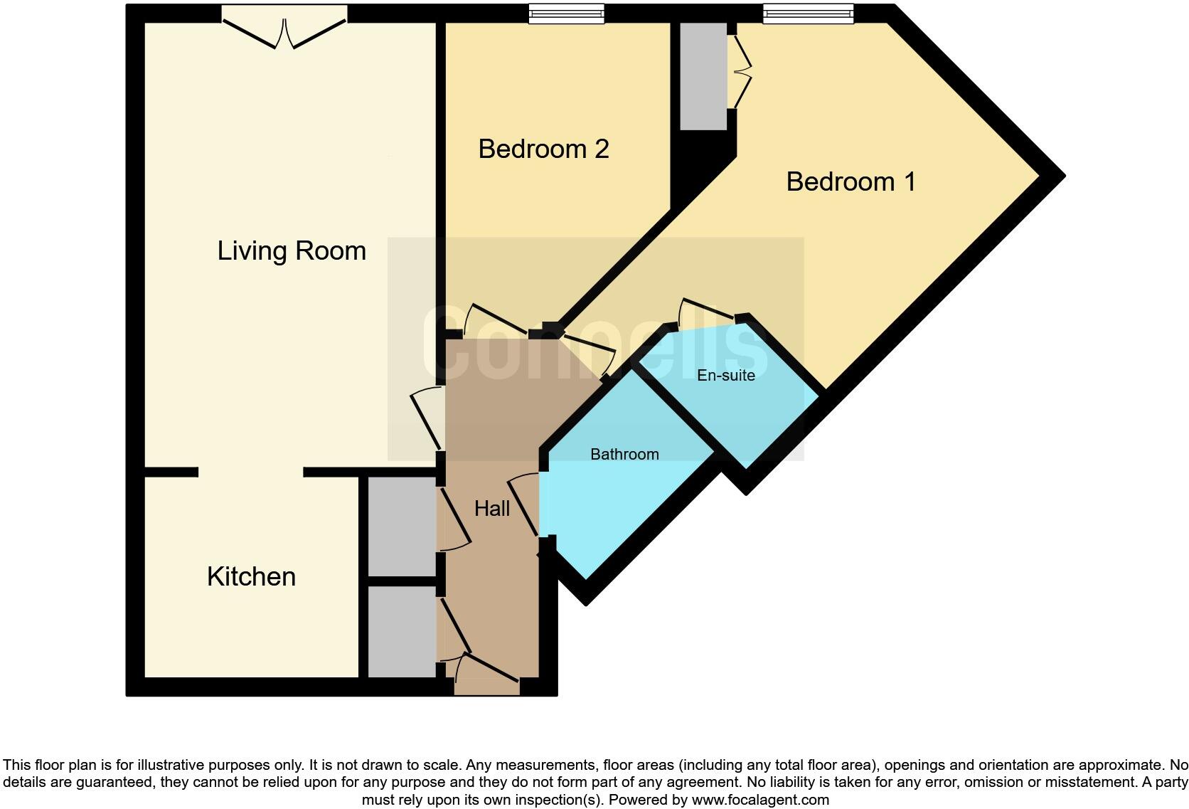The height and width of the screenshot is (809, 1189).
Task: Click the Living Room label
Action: (x=292, y=251)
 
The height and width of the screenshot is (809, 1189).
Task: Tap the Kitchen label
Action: (x=251, y=576)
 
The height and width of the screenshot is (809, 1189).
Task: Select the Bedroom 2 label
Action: (x=543, y=149)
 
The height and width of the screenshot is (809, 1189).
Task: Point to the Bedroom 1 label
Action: (x=851, y=182)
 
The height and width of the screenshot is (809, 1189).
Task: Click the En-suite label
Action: (x=725, y=376)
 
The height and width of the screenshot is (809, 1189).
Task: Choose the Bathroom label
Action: (x=624, y=455)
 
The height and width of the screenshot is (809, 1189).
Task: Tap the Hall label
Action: (x=492, y=509)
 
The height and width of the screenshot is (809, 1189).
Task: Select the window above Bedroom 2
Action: (x=567, y=14)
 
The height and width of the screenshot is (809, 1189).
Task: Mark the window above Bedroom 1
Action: (x=808, y=14)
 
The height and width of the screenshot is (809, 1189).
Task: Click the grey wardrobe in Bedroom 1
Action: (x=703, y=76)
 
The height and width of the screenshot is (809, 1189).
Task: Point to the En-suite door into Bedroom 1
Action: (x=708, y=310)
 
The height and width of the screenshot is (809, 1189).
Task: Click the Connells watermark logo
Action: (x=595, y=344)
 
